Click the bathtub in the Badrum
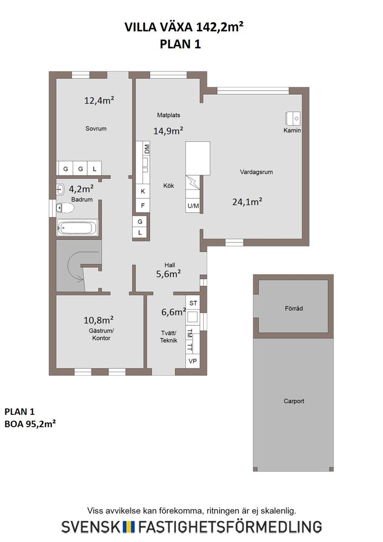[x=77, y=228]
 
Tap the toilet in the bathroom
[x=65, y=207]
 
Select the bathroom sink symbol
[x=60, y=189]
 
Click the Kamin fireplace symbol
[x=293, y=118]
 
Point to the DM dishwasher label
[x=147, y=149]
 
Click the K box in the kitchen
[x=143, y=191]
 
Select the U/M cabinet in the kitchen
[x=193, y=206]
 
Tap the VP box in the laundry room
[x=193, y=361]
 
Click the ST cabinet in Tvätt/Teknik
[x=193, y=303]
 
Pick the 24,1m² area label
[x=247, y=202]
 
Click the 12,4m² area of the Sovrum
[x=99, y=100]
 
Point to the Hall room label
[x=170, y=265]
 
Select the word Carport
[x=294, y=401]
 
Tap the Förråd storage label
[x=294, y=309]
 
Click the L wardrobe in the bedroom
[x=94, y=169]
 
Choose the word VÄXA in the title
[x=177, y=27]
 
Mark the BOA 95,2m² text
[x=30, y=424]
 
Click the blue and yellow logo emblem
[x=129, y=527]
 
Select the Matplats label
[x=169, y=115]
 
